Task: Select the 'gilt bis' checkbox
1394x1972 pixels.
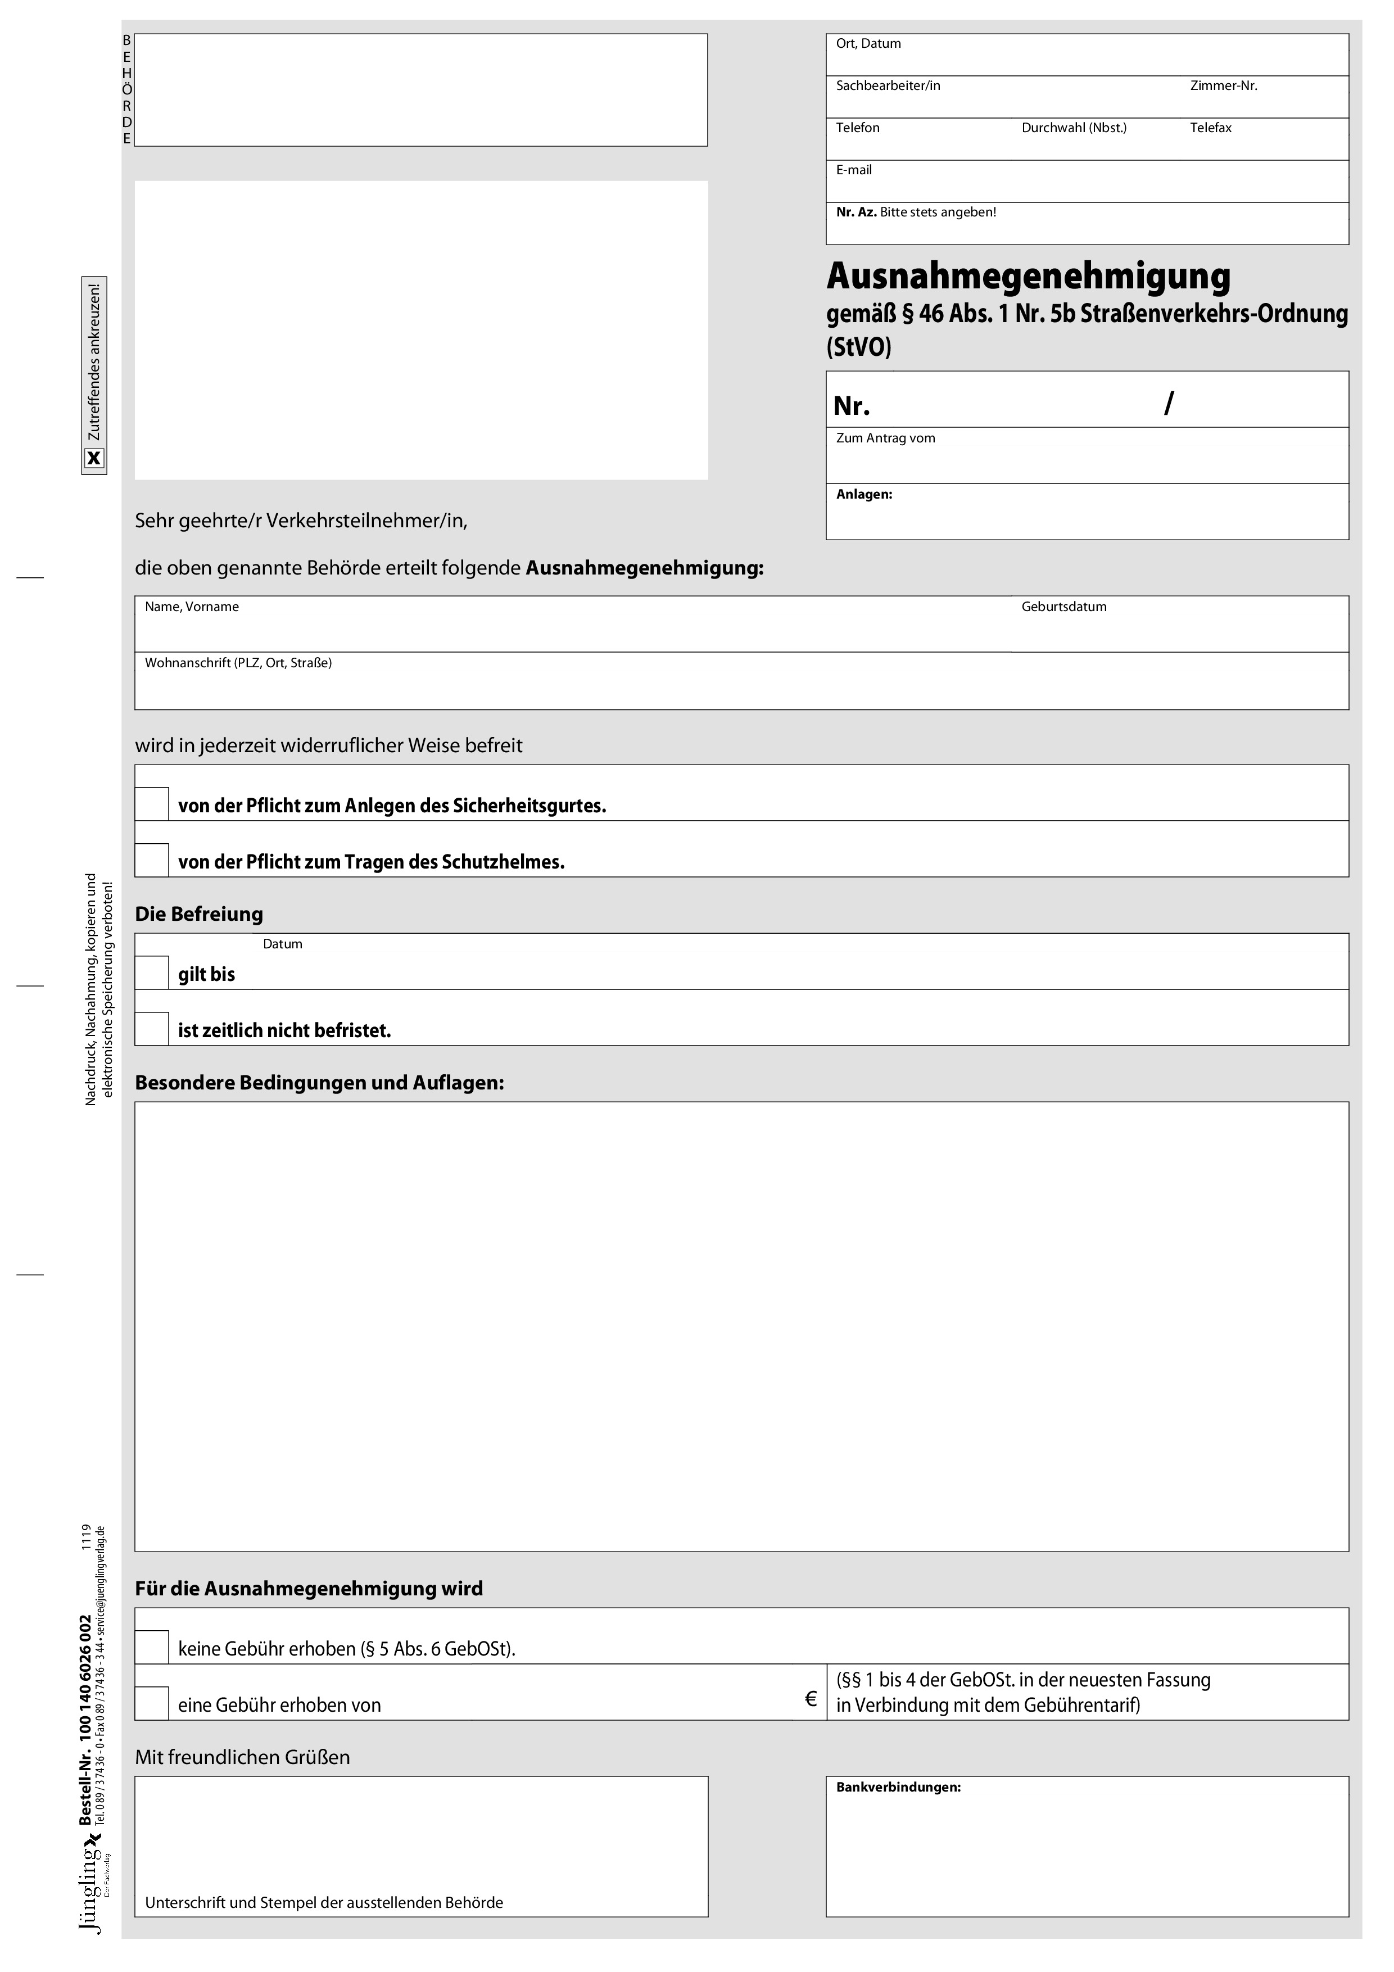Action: (152, 973)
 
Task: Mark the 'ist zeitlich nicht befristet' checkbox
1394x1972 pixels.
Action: (152, 1028)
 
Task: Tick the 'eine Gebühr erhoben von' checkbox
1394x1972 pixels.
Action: (152, 1703)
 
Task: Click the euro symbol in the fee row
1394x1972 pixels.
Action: (810, 1699)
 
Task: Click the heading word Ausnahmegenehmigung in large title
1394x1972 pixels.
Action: (1028, 277)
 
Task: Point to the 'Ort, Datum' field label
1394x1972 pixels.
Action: (868, 44)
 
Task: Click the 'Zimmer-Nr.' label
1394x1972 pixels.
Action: (1223, 86)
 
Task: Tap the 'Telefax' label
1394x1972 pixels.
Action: (1210, 128)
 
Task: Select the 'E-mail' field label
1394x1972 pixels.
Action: (854, 170)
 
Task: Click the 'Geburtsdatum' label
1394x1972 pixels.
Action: (1063, 607)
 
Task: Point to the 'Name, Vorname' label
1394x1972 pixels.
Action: (192, 607)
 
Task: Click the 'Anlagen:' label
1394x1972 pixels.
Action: (864, 495)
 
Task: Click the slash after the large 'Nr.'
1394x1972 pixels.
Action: (1168, 403)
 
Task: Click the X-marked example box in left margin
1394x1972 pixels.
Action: (94, 459)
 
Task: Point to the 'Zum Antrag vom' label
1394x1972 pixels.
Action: (885, 438)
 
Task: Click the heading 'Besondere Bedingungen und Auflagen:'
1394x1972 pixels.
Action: (319, 1082)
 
